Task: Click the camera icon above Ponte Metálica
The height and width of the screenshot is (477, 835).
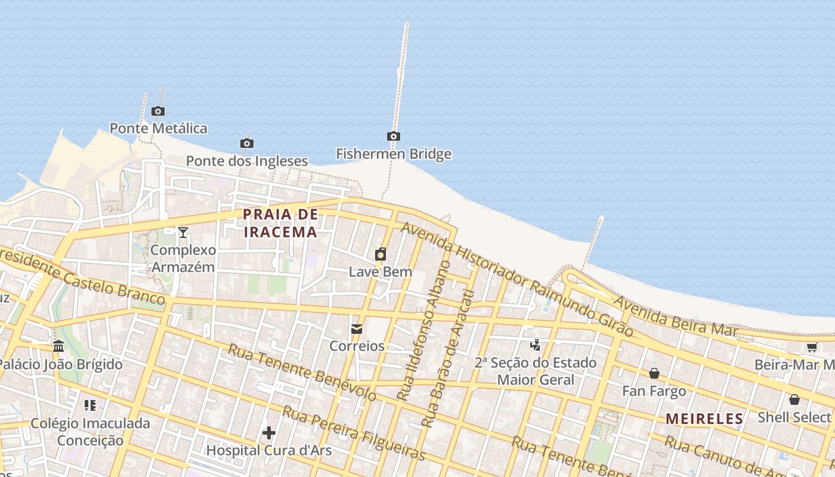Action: coord(157,111)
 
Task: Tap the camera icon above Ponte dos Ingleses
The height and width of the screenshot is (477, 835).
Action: coord(246,143)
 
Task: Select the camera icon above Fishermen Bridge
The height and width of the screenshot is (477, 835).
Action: coord(393,136)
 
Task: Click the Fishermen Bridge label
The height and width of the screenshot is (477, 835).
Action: coord(393,154)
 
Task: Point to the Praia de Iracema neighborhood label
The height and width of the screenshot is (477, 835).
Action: coord(280,223)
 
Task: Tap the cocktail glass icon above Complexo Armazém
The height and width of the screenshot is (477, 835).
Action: coord(183,232)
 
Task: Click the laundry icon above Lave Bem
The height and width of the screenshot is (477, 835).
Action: coord(380,255)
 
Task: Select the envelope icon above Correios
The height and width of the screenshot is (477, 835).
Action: coord(357,329)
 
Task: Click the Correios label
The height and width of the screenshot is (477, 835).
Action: coord(357,346)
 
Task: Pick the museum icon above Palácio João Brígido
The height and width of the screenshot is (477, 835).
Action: coord(58,346)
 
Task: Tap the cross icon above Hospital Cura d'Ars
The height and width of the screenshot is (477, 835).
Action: coord(269,432)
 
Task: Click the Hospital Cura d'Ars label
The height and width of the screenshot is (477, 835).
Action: coord(269,450)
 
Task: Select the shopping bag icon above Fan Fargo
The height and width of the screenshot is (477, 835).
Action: coord(654,373)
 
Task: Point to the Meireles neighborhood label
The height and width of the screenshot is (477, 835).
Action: coord(704,419)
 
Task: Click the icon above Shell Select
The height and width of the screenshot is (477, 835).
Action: coord(794,399)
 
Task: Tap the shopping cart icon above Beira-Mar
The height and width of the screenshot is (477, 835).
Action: coord(811,347)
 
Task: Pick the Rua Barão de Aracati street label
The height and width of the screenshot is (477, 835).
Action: coord(447,358)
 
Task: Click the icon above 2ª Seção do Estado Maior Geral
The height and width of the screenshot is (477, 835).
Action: coord(535,345)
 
